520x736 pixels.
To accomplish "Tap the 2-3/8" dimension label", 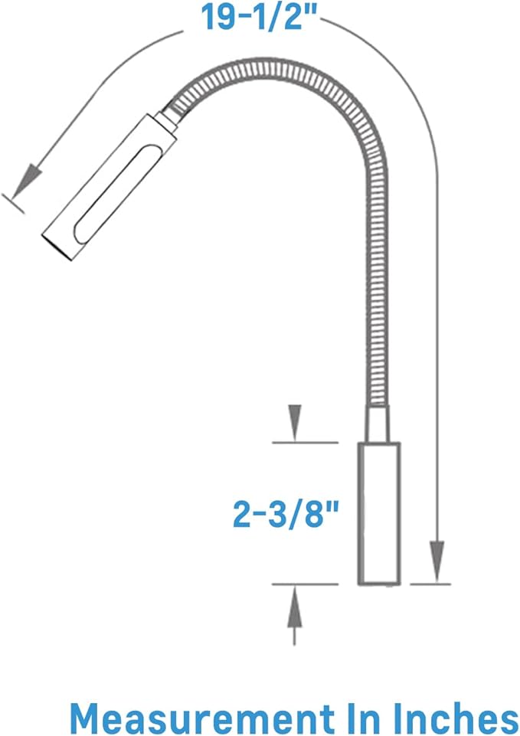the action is pyautogui.click(x=286, y=514).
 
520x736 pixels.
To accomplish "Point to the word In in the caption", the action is pyautogui.click(x=362, y=718).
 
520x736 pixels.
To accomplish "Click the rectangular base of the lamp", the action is pyautogui.click(x=379, y=513).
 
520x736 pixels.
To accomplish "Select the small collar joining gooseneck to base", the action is pyautogui.click(x=378, y=424).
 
